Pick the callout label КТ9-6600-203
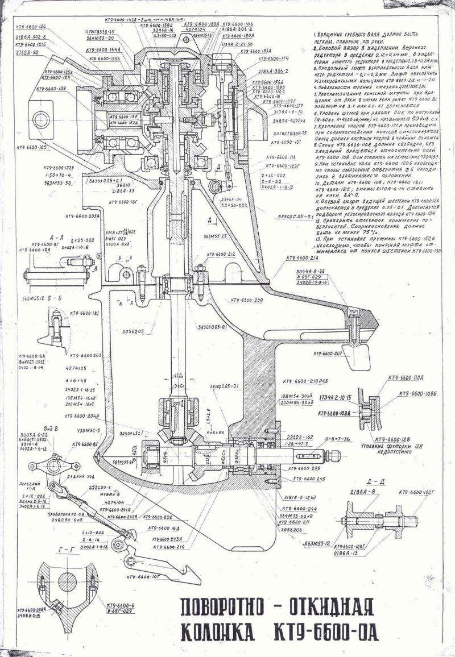tap(86, 355)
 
